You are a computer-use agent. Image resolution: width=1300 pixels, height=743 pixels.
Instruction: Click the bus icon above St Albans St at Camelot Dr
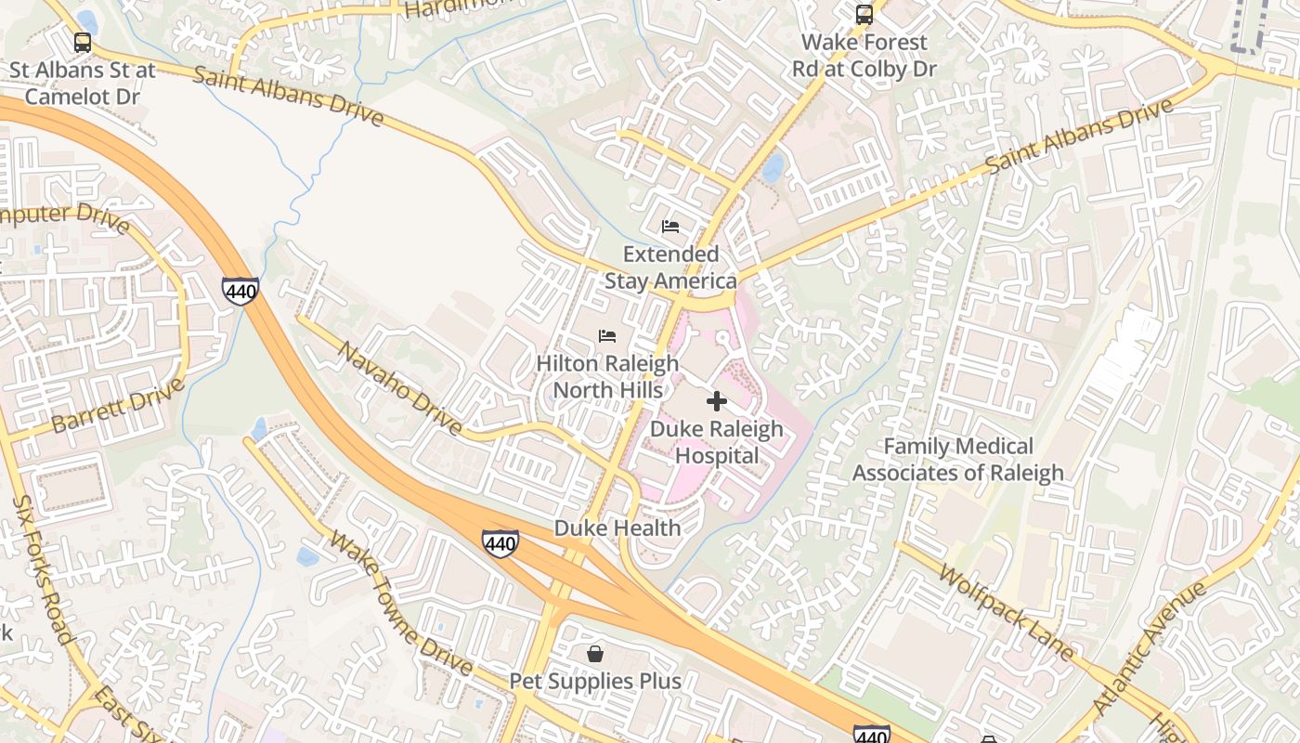[83, 43]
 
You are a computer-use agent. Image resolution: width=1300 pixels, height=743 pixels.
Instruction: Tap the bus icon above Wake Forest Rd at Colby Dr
[864, 15]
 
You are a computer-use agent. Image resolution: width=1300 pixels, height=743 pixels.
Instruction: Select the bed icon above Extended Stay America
[670, 227]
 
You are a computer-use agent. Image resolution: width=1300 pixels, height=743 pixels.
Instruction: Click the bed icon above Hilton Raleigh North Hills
[607, 336]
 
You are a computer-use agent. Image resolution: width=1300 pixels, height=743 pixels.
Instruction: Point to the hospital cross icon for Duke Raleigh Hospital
[716, 401]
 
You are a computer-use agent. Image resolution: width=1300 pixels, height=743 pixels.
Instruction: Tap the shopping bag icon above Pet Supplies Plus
[595, 654]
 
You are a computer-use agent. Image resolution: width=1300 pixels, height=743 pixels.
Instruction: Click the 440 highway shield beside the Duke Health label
[500, 543]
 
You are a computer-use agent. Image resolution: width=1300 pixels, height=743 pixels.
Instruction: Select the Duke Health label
[617, 528]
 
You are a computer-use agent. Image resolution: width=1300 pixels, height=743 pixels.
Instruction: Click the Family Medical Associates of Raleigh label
[958, 460]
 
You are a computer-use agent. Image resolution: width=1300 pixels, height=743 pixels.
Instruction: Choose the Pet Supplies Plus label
[595, 681]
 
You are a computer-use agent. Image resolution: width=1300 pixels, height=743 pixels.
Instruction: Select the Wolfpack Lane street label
[1005, 611]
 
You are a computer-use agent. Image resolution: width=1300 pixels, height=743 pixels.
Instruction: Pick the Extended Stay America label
[670, 267]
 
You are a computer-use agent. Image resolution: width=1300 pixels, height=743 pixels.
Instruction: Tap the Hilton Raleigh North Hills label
[607, 376]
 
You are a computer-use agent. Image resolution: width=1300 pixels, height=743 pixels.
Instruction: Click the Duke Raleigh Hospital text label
[716, 442]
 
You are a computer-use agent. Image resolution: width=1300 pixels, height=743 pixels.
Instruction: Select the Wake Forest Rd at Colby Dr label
[864, 56]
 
